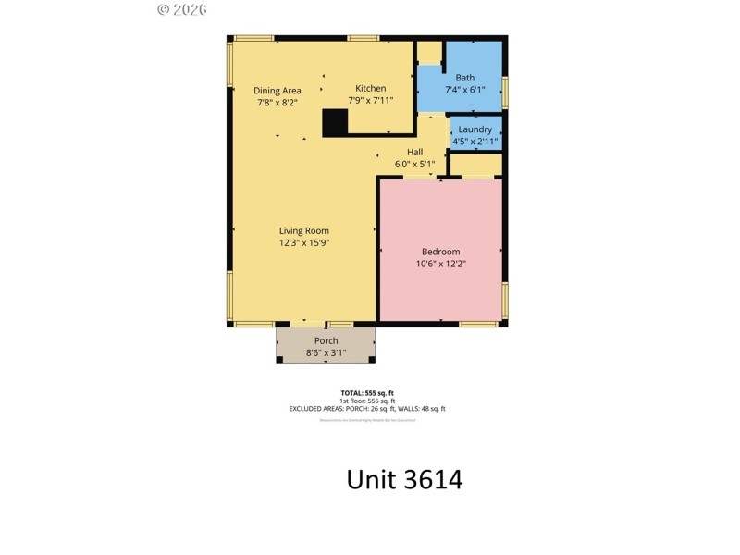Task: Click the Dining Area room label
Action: click(x=277, y=91)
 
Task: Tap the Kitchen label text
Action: click(x=371, y=89)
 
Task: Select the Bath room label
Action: click(x=464, y=78)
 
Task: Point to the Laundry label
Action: click(x=475, y=129)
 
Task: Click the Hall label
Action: click(x=414, y=153)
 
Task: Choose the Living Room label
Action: click(x=304, y=231)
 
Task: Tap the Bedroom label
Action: click(x=440, y=252)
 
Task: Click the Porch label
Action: click(x=326, y=341)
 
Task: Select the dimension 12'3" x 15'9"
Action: click(x=304, y=243)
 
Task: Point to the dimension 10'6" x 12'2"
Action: click(x=440, y=264)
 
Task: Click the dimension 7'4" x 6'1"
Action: click(x=464, y=90)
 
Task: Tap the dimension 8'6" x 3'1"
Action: click(x=326, y=352)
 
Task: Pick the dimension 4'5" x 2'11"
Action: click(x=475, y=142)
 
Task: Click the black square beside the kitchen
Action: click(x=334, y=122)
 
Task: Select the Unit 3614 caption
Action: click(x=404, y=479)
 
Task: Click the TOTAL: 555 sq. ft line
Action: click(x=369, y=393)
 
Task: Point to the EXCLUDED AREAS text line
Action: click(x=369, y=409)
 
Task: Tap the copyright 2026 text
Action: click(x=182, y=9)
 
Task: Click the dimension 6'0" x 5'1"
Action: click(x=414, y=165)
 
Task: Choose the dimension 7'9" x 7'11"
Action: click(x=371, y=101)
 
